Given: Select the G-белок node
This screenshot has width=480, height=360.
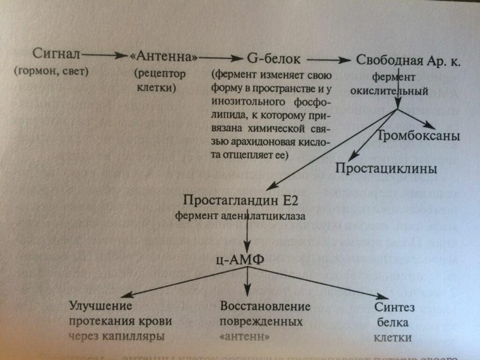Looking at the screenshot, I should (276, 60).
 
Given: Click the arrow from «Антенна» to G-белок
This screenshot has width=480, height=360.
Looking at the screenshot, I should (219, 58).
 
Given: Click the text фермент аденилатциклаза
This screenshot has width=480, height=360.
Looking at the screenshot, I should (241, 216).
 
